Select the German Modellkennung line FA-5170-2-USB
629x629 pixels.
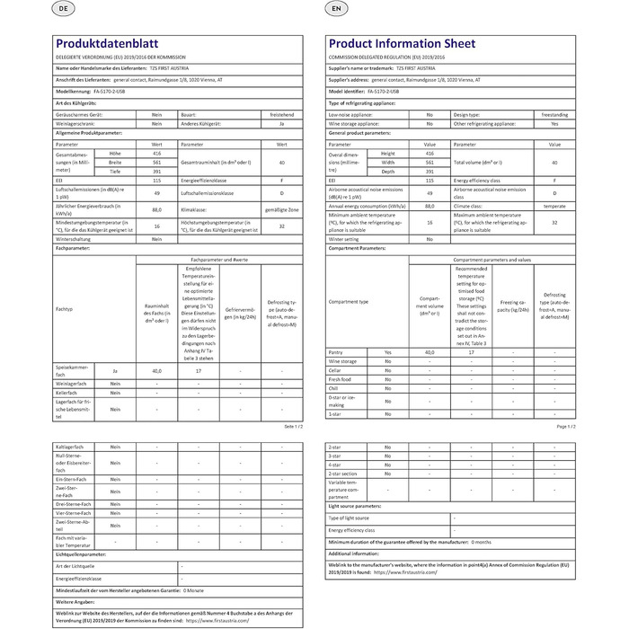93,91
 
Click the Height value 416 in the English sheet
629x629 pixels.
429,154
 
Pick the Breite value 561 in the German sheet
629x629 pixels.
155,163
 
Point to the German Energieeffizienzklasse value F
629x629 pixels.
281,181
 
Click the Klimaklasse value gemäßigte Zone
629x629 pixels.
281,208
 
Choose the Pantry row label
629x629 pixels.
337,352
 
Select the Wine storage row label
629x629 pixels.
343,361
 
